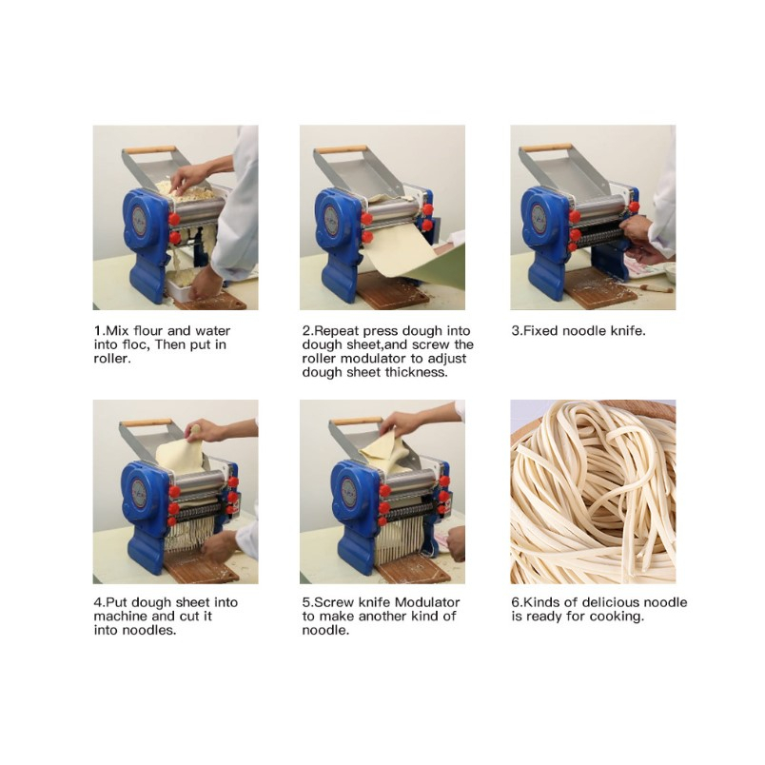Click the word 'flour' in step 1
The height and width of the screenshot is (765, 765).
148,331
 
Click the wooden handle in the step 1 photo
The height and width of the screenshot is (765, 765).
149,149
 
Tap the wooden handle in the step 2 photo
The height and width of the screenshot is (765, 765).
341,149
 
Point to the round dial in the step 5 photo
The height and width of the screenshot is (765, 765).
348,494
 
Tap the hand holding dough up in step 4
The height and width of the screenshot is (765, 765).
204,430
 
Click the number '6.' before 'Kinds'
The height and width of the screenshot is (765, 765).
517,602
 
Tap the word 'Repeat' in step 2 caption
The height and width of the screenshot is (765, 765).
337,331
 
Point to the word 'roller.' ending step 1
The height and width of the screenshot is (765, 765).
112,359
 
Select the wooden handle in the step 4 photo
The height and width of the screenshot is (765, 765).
147,422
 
